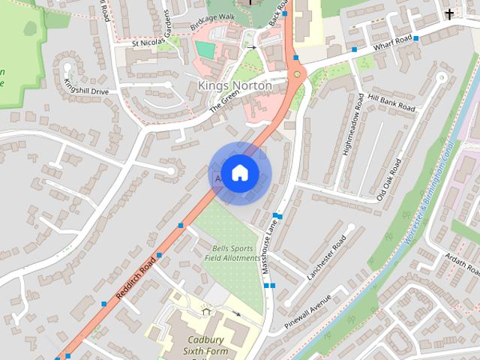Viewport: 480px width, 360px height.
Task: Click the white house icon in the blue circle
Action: pos(238,173)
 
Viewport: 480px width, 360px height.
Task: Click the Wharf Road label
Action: pos(392,42)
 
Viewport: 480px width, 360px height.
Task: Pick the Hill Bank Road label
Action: pos(391,103)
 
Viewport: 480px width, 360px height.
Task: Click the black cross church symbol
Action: pos(449,13)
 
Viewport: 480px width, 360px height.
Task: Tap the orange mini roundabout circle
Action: pos(298,73)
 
